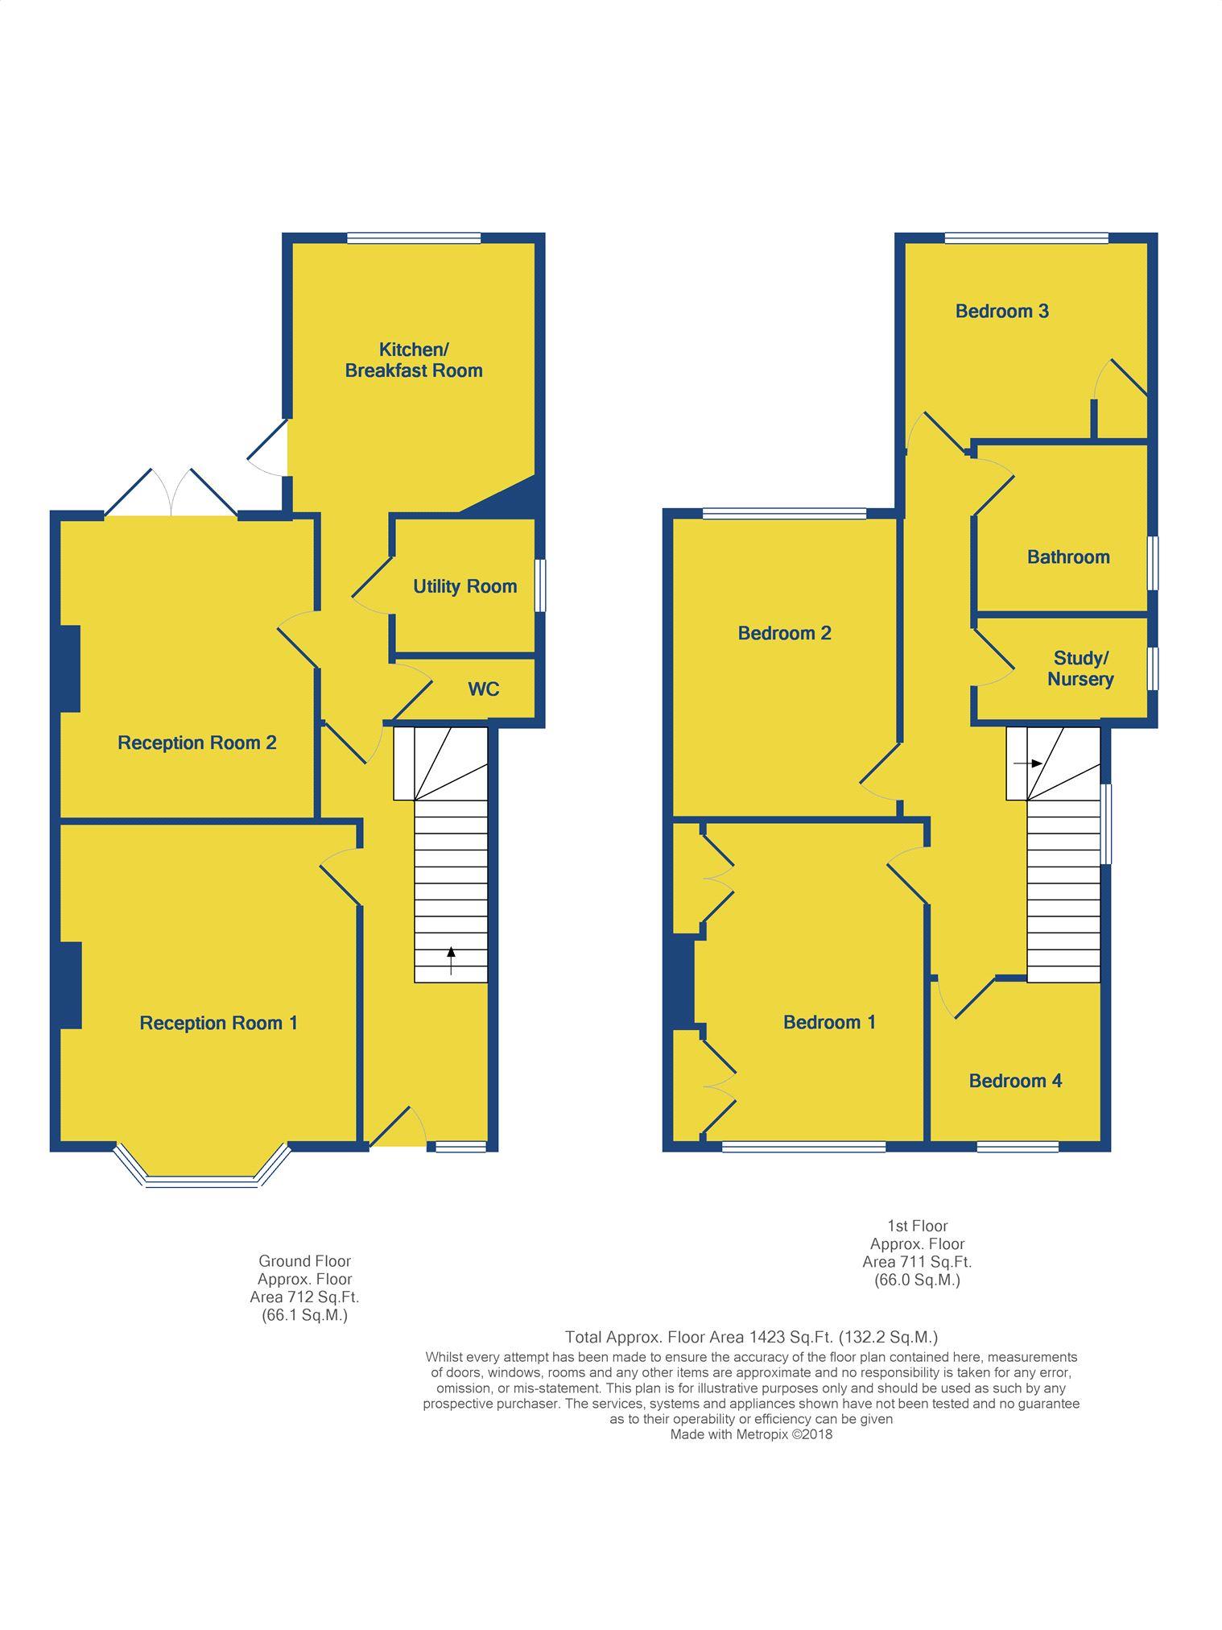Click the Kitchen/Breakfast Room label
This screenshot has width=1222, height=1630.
click(x=414, y=360)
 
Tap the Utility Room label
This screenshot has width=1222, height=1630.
click(x=465, y=586)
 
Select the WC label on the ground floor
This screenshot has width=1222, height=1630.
click(x=484, y=689)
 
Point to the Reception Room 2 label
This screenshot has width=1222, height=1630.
click(x=197, y=743)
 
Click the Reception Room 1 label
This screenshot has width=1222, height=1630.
click(x=219, y=1023)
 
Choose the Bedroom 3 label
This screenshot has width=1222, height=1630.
click(x=1002, y=311)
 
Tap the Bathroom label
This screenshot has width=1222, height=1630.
click(x=1068, y=557)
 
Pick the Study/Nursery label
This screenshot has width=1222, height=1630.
click(x=1080, y=668)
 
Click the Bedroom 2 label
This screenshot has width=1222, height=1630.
click(x=785, y=633)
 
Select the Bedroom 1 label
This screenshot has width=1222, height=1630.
click(x=829, y=1022)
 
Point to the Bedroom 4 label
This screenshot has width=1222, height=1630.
click(x=1015, y=1081)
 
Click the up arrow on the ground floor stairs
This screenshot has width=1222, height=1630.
click(x=451, y=960)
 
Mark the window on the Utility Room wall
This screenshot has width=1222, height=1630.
click(x=541, y=585)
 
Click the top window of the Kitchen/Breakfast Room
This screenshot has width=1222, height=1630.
click(x=414, y=238)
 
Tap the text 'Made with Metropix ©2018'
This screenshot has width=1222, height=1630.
click(x=751, y=1434)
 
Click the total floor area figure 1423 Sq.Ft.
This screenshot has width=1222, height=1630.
click(x=778, y=1337)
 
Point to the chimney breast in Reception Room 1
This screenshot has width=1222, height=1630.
click(x=69, y=985)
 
